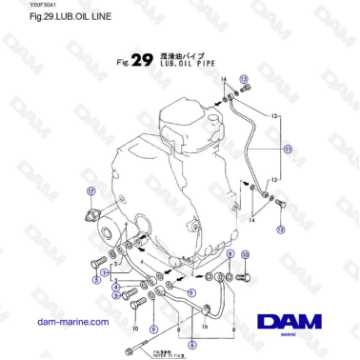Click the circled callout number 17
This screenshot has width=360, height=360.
pos(90,190)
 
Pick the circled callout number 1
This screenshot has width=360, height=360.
pos(104,273)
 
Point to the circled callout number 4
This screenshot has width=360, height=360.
pos(114,286)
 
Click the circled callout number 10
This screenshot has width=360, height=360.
pos(246,254)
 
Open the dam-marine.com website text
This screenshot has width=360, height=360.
pos(72,322)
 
